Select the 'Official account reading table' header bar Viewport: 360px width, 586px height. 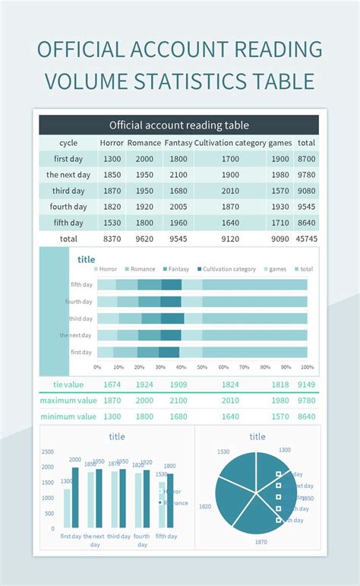179,125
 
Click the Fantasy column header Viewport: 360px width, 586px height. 178,143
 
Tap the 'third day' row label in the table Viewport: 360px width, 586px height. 68,191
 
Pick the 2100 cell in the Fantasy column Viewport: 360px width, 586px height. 178,175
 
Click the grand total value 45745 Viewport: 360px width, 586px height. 307,239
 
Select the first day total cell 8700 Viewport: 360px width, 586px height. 307,159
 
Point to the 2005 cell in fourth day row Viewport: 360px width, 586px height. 178,207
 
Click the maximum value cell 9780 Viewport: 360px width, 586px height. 307,401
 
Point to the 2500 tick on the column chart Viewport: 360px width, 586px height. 48,451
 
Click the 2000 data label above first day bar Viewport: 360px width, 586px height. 75,460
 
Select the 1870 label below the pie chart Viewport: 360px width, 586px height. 261,542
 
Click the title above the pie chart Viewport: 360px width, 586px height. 257,436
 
